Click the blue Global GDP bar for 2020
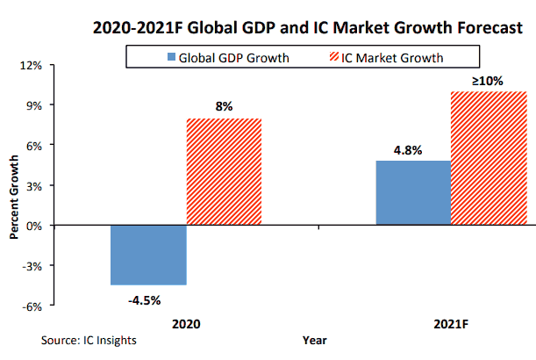click(149, 255)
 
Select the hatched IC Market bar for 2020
click(224, 172)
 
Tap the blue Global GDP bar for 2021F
click(413, 193)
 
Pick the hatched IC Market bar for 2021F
click(489, 158)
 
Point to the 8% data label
click(224, 106)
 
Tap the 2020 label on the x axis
click(187, 324)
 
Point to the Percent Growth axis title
click(15, 186)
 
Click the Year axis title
click(316, 338)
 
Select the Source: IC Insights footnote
click(89, 339)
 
